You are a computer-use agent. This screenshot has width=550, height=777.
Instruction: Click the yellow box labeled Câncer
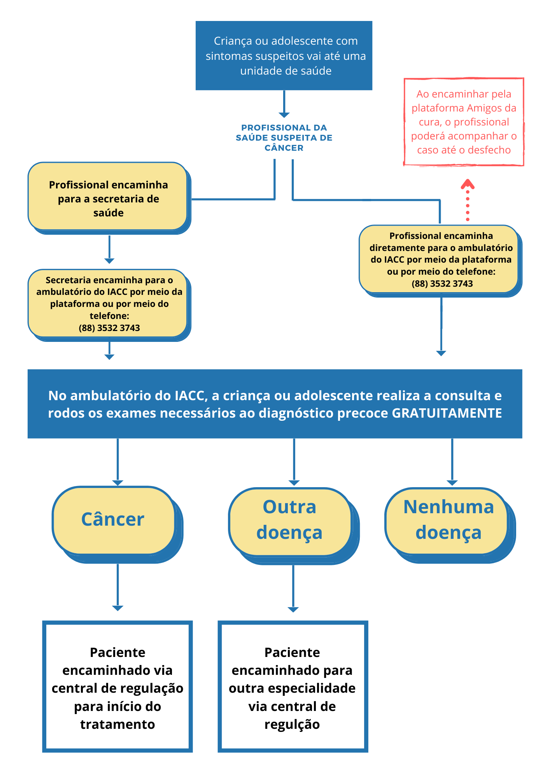(113, 520)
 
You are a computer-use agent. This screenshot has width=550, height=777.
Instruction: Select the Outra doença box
(290, 521)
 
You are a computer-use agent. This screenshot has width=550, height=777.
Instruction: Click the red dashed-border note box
(464, 122)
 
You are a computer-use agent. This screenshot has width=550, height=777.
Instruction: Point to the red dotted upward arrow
(468, 200)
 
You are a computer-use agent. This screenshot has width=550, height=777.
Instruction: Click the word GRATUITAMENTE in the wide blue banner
(447, 413)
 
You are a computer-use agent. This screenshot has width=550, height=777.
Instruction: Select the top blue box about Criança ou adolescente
(284, 56)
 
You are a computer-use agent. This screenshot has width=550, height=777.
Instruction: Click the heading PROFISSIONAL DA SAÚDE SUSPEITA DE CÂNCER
(284, 138)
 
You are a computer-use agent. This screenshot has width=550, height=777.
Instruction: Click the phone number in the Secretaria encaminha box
(109, 328)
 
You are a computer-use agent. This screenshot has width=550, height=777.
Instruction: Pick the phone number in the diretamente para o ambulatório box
(442, 284)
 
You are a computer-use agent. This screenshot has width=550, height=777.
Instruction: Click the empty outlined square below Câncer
(117, 686)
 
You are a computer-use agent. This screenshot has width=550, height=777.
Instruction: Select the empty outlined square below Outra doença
(293, 686)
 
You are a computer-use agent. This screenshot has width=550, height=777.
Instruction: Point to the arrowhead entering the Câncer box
(117, 483)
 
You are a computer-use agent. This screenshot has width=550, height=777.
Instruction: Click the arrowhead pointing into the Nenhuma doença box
(452, 483)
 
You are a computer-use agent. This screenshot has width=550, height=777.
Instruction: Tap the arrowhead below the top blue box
(284, 115)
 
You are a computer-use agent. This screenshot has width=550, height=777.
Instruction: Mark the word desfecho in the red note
(489, 150)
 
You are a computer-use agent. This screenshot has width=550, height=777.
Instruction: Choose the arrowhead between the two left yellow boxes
(109, 261)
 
